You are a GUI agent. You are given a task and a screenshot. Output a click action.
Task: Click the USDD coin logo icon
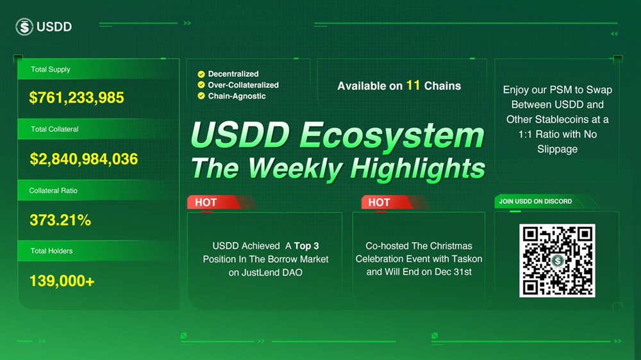point(24,26)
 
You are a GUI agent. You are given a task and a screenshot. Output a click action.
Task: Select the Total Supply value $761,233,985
point(76,97)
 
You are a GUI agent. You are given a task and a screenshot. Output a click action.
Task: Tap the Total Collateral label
point(54,129)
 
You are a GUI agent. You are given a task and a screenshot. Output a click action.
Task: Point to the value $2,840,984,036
point(84,159)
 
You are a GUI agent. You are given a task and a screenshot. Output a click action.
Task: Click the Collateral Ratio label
point(53,190)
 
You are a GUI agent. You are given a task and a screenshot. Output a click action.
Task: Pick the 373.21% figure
point(60,220)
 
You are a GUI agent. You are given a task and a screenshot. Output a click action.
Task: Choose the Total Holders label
point(51,251)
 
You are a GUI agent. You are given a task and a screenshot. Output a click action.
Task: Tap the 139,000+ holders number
point(62,281)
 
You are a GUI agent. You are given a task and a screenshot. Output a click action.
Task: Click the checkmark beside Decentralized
point(201,74)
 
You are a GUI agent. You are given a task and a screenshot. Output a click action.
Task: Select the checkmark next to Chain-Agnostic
point(201,96)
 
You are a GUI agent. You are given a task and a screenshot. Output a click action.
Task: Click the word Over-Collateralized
point(243,85)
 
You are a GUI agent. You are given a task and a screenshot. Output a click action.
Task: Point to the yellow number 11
point(413,85)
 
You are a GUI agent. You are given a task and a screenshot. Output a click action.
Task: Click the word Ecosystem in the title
point(392,135)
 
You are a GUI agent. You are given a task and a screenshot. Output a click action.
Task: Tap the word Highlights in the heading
point(417,168)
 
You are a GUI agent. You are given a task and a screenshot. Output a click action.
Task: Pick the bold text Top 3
point(306,246)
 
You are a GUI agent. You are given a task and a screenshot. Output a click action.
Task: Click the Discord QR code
point(557,260)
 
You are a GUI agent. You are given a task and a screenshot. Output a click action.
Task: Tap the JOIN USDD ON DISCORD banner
point(535,201)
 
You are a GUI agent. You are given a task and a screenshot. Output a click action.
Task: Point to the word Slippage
point(557,149)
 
